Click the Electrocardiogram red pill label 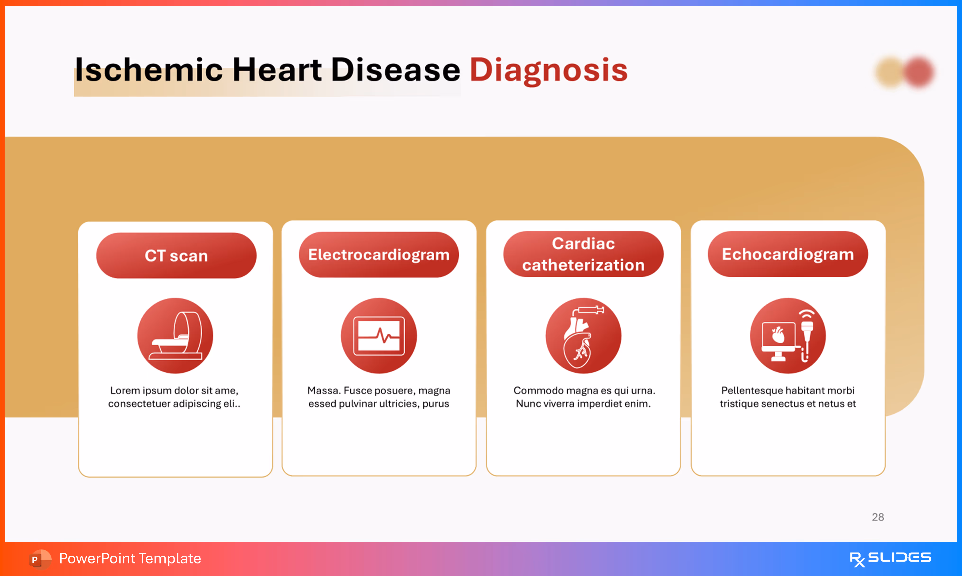(x=379, y=255)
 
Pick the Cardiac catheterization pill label (x=583, y=254)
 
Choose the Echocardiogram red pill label (x=787, y=254)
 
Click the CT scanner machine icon (x=175, y=336)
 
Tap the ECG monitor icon (x=379, y=336)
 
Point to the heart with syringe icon (x=583, y=336)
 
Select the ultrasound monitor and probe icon (x=787, y=336)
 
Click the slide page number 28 (x=878, y=517)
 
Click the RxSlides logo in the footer (x=890, y=558)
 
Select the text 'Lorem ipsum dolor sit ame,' (x=174, y=390)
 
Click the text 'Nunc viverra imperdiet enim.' (x=583, y=404)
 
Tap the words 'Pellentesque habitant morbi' (x=787, y=390)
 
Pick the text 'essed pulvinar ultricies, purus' (x=379, y=404)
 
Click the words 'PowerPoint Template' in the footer (x=130, y=558)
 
